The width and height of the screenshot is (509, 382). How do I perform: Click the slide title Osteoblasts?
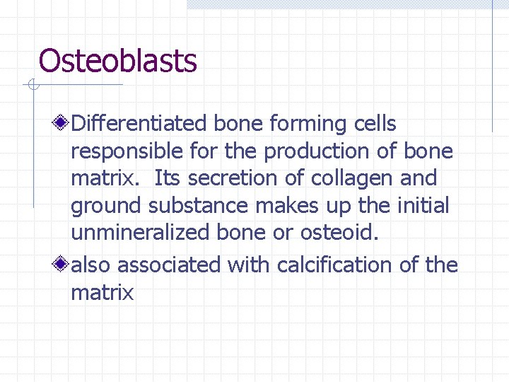click(117, 61)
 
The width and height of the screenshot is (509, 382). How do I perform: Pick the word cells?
click(375, 124)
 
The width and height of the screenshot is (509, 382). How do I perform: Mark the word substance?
click(199, 206)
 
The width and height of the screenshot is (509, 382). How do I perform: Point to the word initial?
click(423, 206)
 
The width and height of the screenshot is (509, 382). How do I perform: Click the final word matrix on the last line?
click(102, 293)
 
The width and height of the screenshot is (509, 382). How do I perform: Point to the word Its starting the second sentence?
click(167, 178)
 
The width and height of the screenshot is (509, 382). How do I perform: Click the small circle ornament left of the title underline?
click(32, 86)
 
